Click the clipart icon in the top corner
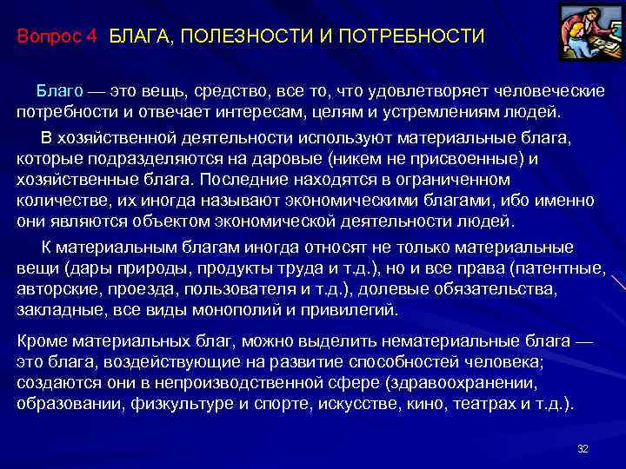pos(584,32)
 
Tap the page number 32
pos(583,448)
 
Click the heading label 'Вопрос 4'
pos(58,37)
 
